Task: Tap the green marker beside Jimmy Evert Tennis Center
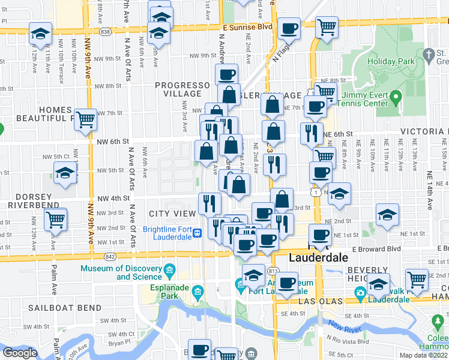[x=396, y=97]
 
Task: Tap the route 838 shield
[x=106, y=32]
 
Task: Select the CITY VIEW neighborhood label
[x=172, y=214]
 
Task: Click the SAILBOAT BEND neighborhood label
[x=56, y=308]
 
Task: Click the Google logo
[x=20, y=352]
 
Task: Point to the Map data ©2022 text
[x=423, y=355]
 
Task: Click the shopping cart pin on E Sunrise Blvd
[x=326, y=27]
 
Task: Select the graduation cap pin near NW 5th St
[x=64, y=174]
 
